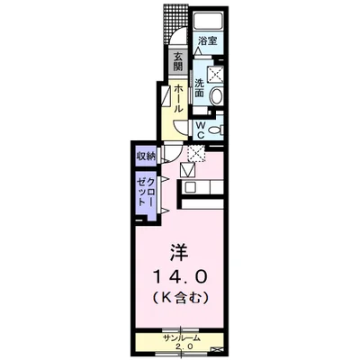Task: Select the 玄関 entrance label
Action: pos(179,63)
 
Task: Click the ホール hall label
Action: pos(179,96)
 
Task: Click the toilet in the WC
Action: pos(216,129)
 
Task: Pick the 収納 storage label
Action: pos(147,155)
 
